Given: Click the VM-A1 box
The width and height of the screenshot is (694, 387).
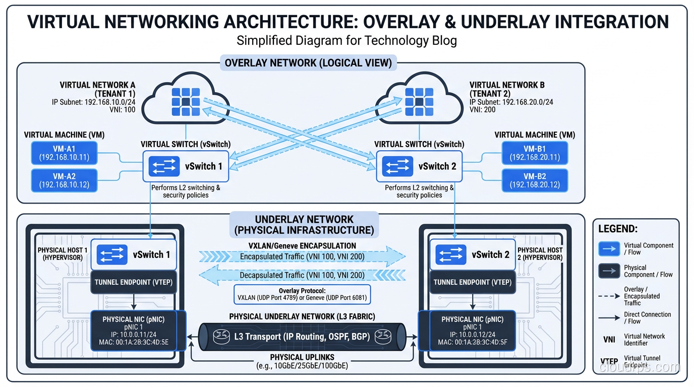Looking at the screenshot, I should tap(64, 153).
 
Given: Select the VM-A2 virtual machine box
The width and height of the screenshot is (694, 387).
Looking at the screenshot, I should tap(64, 180).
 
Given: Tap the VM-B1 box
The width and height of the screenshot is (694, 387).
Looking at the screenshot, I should tap(534, 153).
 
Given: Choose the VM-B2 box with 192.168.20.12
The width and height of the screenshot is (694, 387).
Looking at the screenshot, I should tap(534, 180).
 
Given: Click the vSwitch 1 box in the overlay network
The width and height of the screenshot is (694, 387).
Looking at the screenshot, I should tap(186, 166).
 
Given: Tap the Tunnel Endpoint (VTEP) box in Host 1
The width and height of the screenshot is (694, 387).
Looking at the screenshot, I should tap(133, 282).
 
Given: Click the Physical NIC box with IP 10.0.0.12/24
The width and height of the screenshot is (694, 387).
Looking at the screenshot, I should tap(472, 330).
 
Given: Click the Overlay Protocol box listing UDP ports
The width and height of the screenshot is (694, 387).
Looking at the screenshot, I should tap(302, 294).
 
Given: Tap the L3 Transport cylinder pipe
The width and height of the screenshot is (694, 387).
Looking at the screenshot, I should tap(302, 336).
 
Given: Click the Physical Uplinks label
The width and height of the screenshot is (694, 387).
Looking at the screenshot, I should tap(302, 357).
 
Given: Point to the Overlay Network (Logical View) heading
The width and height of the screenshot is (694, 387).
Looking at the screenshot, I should tap(308, 63).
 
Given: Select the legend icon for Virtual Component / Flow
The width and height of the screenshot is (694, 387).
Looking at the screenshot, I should tap(608, 249).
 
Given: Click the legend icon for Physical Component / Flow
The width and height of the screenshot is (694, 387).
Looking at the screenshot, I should tap(608, 271).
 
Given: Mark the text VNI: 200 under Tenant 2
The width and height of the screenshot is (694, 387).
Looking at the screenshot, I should tap(482, 109).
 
